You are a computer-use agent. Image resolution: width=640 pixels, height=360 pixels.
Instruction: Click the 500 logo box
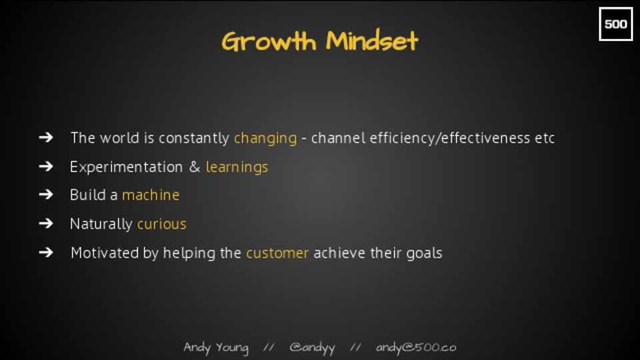coord(615,24)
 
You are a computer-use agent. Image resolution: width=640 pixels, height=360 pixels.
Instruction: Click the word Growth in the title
coord(269,41)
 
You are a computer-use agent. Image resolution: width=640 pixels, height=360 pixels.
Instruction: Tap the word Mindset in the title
coord(372,41)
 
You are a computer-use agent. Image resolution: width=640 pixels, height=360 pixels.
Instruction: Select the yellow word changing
coord(265,139)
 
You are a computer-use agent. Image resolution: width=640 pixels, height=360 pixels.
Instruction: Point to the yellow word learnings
coord(237,167)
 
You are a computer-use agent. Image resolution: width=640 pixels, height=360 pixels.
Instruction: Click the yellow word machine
coord(151,195)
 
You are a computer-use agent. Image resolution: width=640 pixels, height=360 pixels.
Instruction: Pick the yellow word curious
coord(161,224)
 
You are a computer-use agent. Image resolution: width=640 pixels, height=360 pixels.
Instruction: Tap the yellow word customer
coord(277,253)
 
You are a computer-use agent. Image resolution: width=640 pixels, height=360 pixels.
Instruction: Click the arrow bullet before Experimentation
coord(46,166)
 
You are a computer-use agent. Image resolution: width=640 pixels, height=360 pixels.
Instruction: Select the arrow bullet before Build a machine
coord(46,194)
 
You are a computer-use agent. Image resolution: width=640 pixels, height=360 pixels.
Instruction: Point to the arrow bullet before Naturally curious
coord(46,223)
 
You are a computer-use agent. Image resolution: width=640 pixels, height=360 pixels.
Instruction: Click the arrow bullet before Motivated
coord(46,252)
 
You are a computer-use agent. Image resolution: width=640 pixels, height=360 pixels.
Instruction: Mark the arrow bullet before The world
coord(46,137)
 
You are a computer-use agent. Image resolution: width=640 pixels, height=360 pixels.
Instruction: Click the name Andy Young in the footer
coord(216,348)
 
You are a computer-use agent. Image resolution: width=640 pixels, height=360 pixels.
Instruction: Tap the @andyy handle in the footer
coord(312,348)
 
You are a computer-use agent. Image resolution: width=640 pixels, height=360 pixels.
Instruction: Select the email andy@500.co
coord(415,348)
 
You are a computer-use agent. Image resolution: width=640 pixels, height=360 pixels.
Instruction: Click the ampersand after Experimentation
coord(195,167)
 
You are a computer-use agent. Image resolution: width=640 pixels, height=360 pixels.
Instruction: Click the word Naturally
coord(101,224)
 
